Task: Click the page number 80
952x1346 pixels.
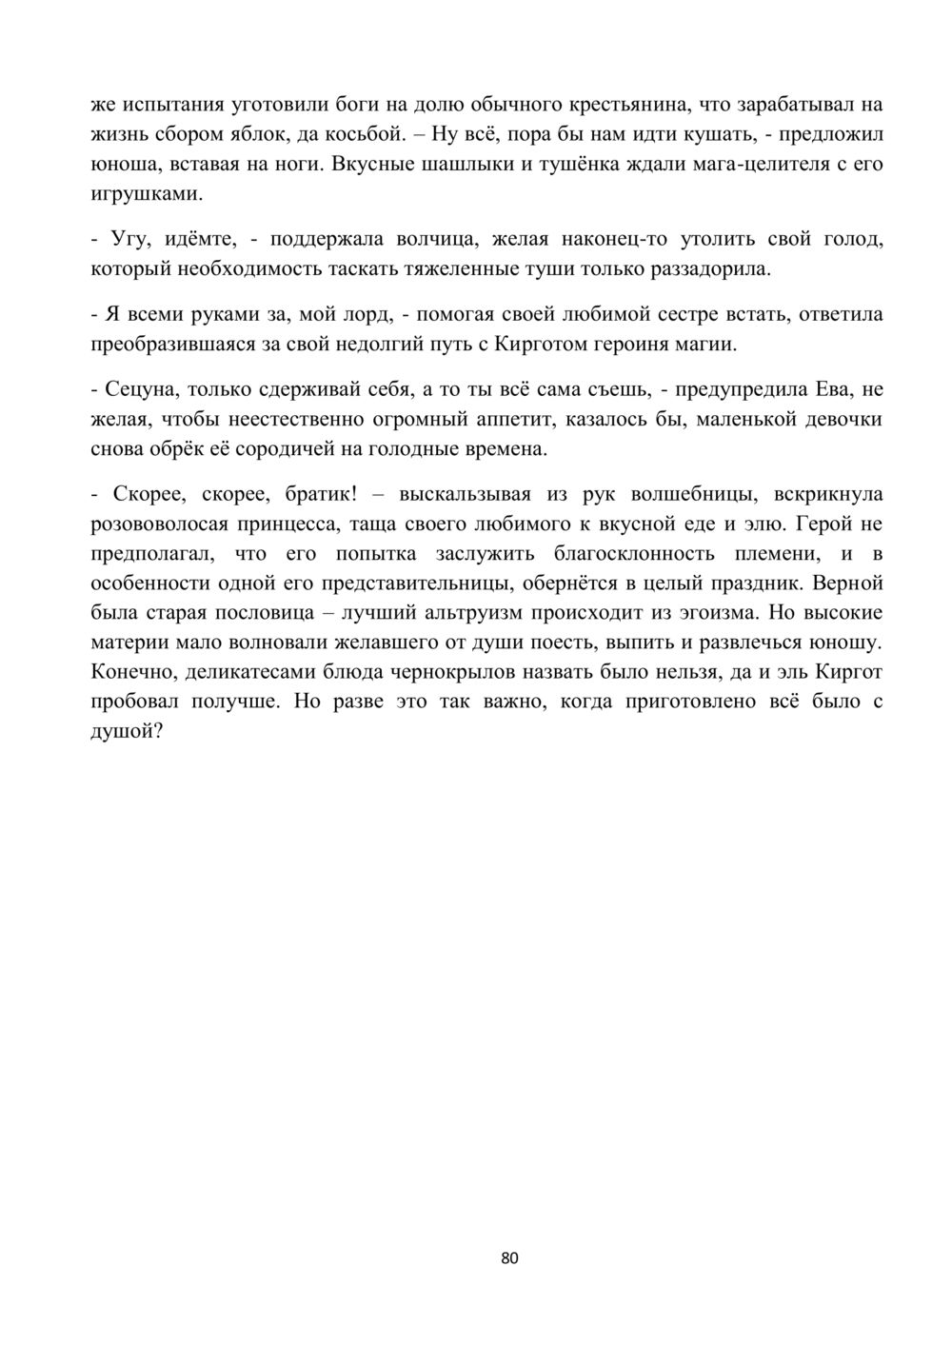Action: [x=508, y=1258]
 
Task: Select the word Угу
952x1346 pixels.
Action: [x=130, y=239]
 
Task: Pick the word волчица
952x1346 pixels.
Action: [x=434, y=239]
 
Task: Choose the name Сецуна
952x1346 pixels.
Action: [x=142, y=389]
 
